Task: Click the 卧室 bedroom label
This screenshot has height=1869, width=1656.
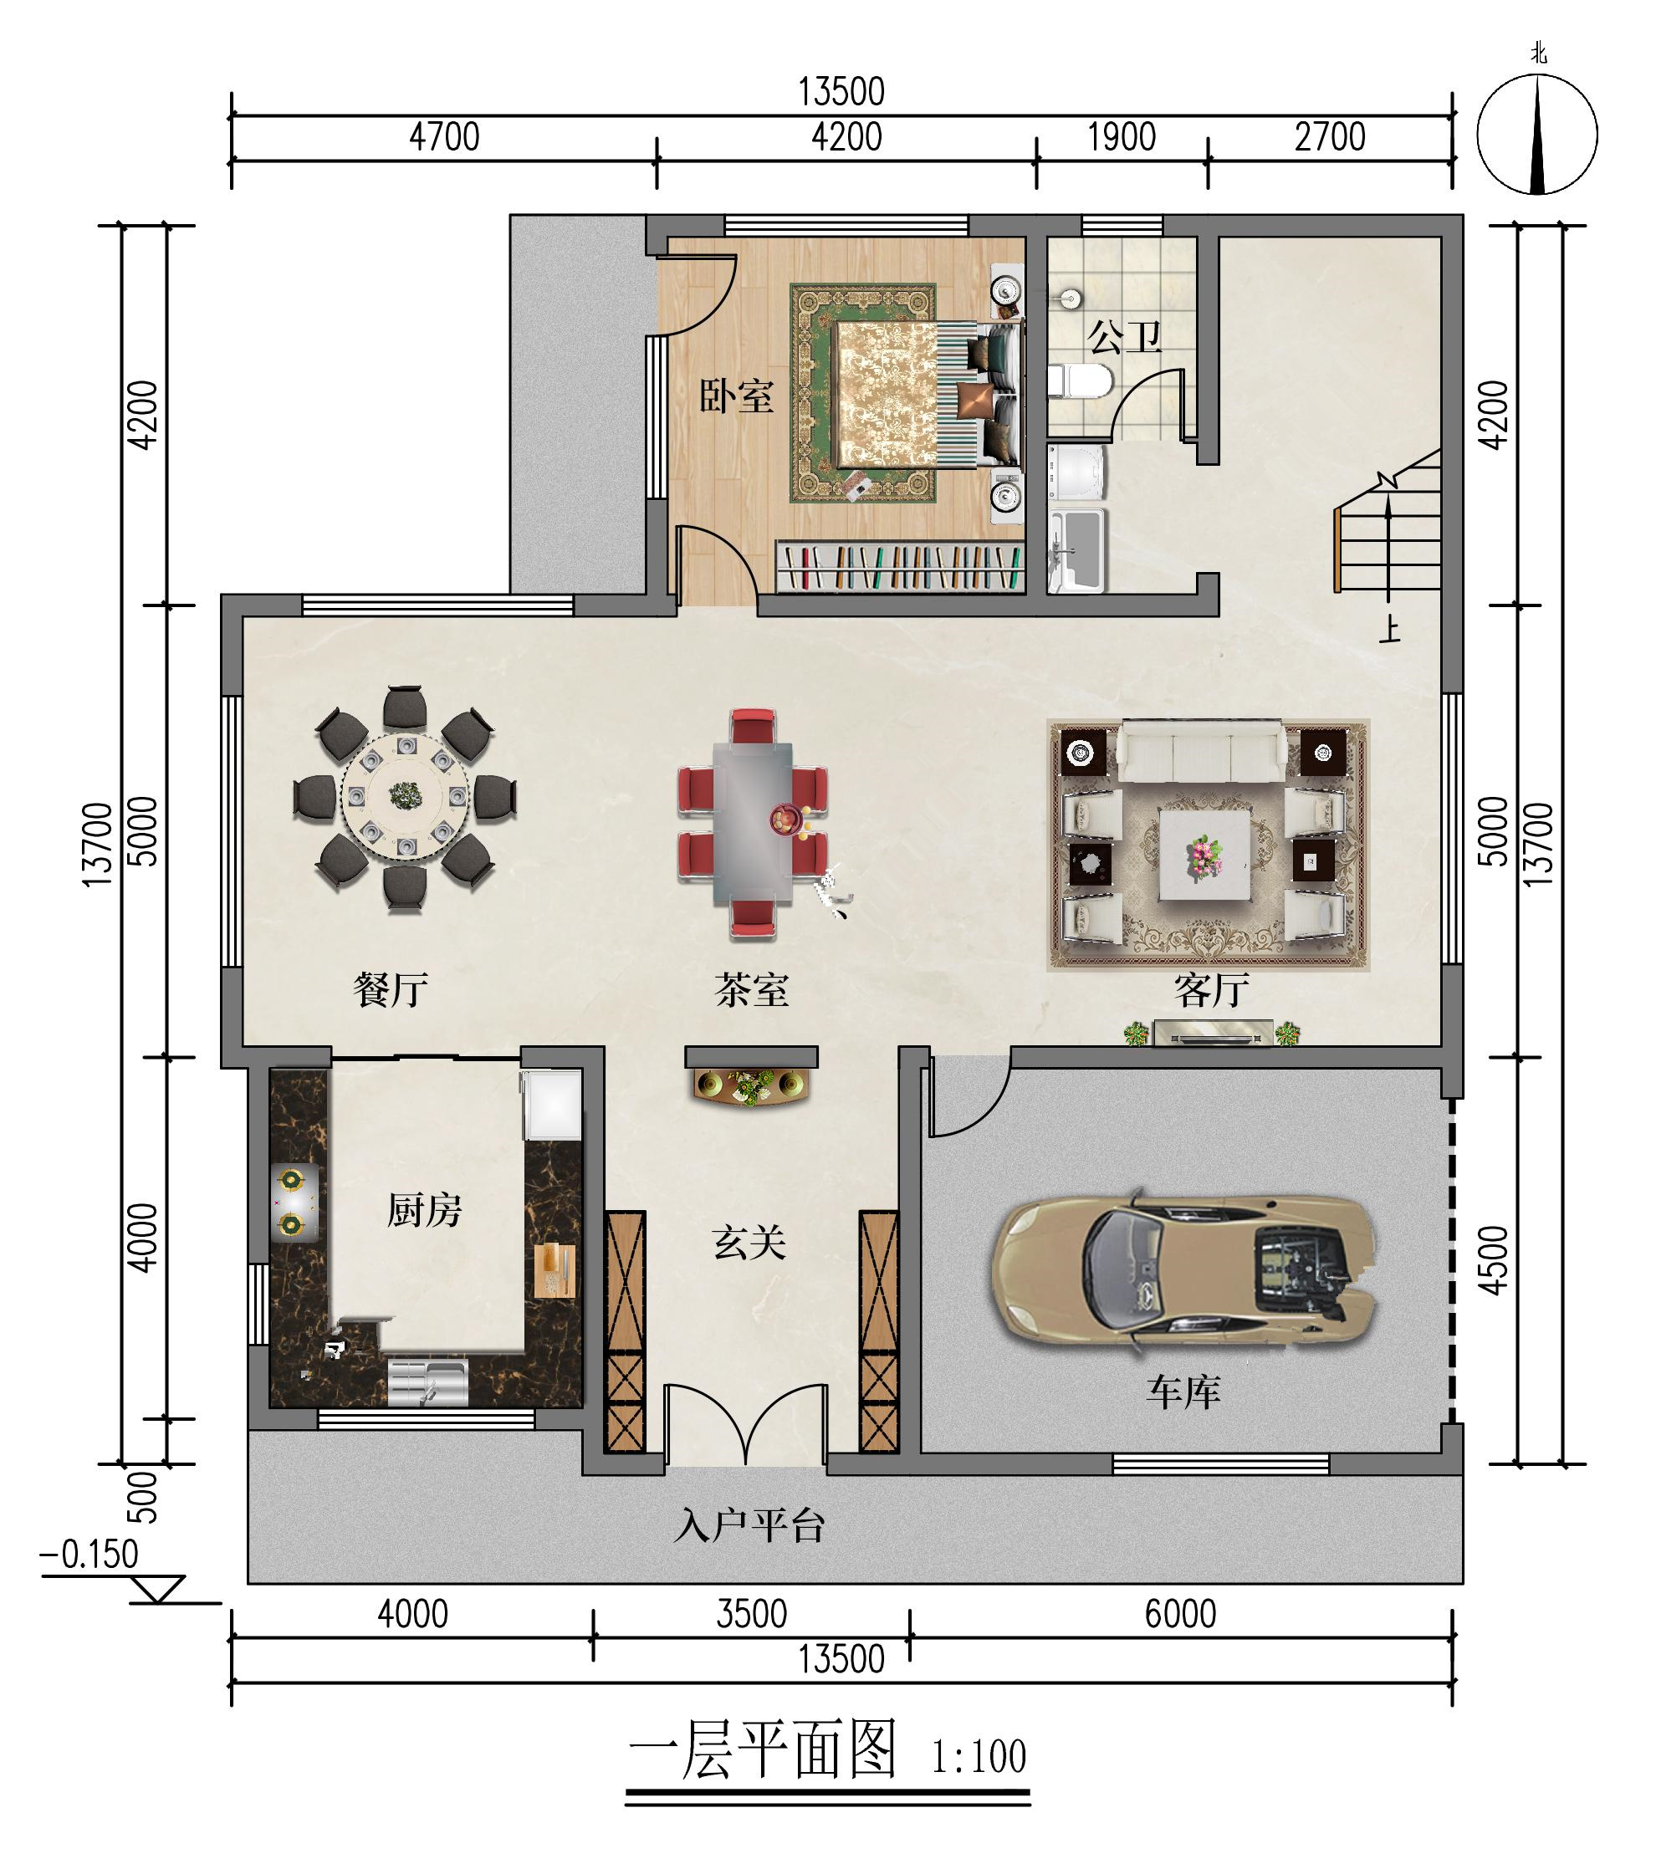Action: click(736, 396)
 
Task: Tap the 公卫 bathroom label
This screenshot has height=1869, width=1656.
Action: click(1124, 337)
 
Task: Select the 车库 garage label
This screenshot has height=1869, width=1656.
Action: click(1183, 1392)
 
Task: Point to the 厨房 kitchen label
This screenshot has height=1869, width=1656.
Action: click(424, 1211)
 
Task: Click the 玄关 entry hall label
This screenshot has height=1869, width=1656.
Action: click(749, 1243)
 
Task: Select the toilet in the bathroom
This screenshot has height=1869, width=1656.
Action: click(1080, 380)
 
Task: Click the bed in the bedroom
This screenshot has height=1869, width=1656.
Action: click(924, 393)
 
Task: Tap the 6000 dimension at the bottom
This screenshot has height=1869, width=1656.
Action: click(1180, 1614)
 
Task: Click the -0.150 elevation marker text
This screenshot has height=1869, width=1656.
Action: click(89, 1554)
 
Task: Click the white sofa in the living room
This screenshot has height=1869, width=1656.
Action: click(1201, 752)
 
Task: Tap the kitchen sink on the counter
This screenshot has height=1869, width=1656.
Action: click(428, 1381)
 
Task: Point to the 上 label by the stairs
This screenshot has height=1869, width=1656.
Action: click(1390, 629)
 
